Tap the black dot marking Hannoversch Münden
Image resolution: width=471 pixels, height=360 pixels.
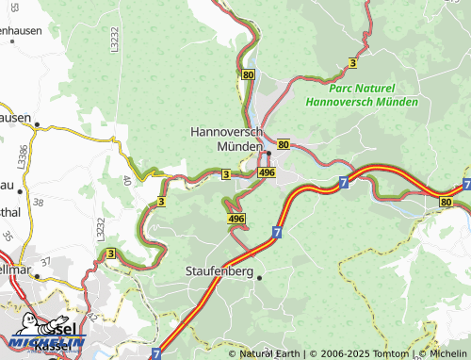click(268, 154)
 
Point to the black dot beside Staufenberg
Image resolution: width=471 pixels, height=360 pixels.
click(260, 277)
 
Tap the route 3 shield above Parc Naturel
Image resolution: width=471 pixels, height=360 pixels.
click(352, 62)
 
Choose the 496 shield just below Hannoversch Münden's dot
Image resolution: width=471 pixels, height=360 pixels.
click(266, 173)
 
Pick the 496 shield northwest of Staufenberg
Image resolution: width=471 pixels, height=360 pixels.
click(236, 218)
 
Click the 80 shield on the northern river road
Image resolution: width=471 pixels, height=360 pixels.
click(248, 74)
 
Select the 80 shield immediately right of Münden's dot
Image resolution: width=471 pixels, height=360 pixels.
click(284, 144)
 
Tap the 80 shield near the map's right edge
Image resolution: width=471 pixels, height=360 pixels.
click(445, 203)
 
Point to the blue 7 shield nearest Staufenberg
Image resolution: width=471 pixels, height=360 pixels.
click(277, 230)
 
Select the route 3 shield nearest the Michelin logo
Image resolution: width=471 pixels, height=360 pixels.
click(110, 254)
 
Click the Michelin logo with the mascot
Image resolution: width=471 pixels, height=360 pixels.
click(44, 332)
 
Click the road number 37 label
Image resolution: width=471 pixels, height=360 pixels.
click(44, 261)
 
